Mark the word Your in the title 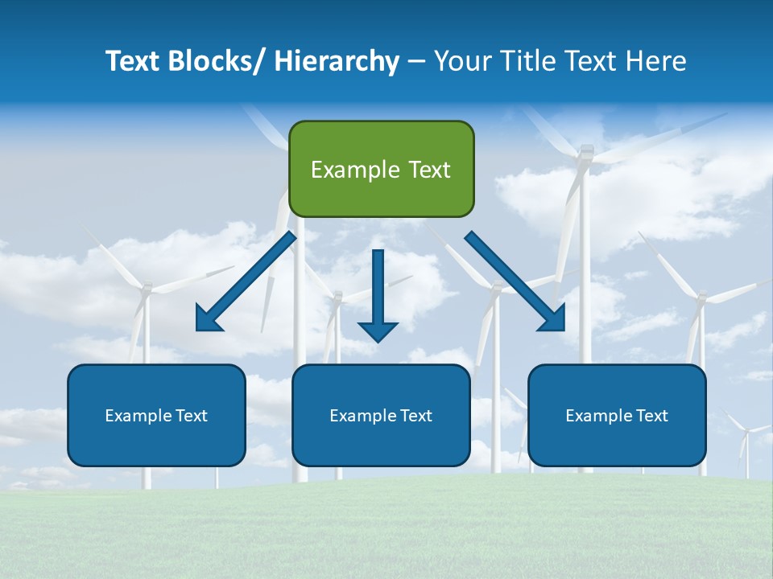coord(461,61)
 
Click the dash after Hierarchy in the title coord(416,62)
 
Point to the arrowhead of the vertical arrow coord(378,331)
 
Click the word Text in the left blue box coord(192,416)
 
